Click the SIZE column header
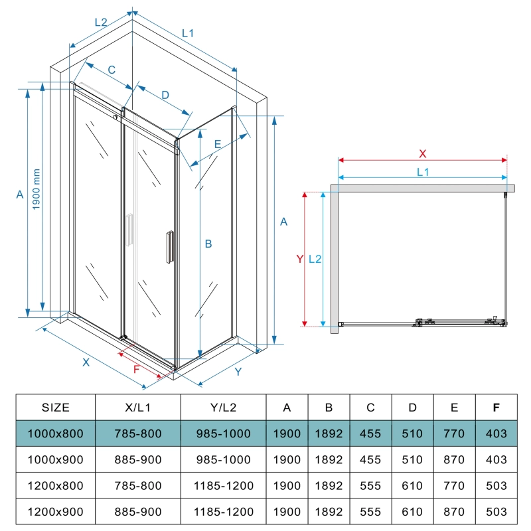click(x=56, y=408)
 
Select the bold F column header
click(x=496, y=408)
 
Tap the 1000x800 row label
click(x=56, y=433)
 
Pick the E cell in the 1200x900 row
click(x=454, y=512)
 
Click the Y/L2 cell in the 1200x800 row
click(x=224, y=486)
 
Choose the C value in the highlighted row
click(x=370, y=433)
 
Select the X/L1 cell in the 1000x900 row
click(x=138, y=459)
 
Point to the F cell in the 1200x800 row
click(x=496, y=486)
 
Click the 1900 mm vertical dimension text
click(x=37, y=189)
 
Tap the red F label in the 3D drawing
click(x=137, y=369)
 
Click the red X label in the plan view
click(x=423, y=154)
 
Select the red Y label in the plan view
click(x=300, y=259)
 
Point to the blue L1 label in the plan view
click(x=423, y=172)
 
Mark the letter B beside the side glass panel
click(x=208, y=244)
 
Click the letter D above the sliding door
click(x=165, y=95)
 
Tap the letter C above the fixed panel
click(x=112, y=70)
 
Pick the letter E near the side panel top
click(x=218, y=144)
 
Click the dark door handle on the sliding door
click(x=170, y=247)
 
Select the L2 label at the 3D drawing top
click(x=101, y=23)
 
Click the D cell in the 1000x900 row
click(x=412, y=459)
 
